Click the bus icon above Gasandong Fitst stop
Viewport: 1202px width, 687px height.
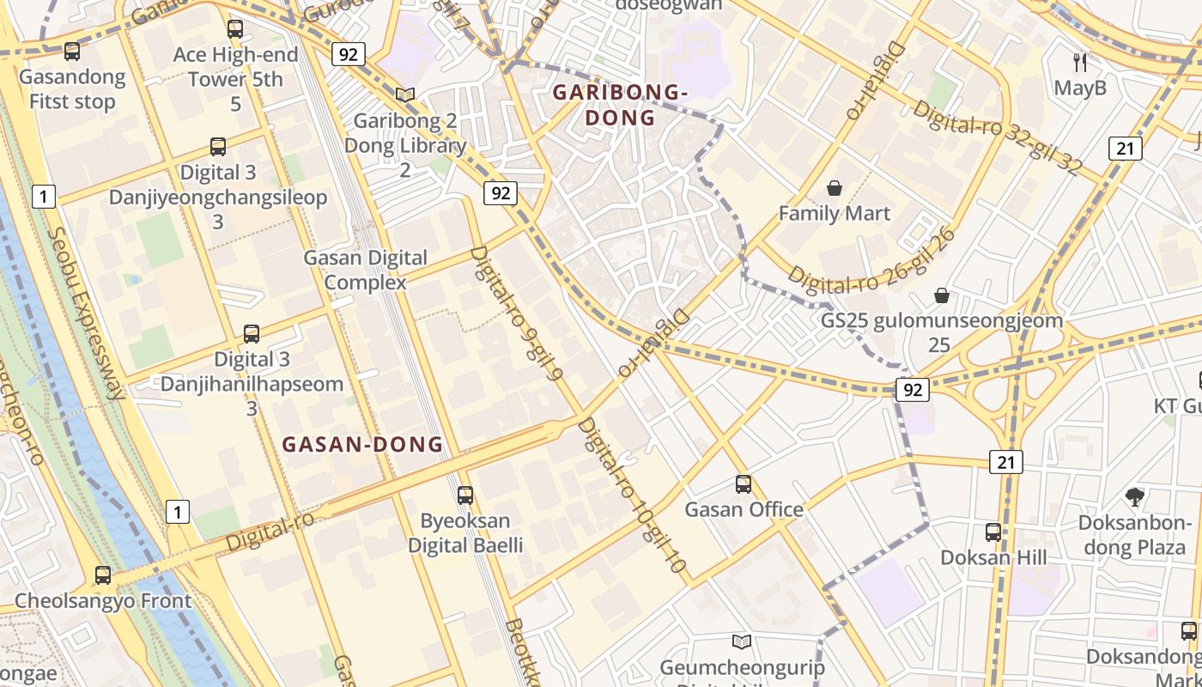tap(72, 52)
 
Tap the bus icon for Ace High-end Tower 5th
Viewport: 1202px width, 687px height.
tap(234, 29)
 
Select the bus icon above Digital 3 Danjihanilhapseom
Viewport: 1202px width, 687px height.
tap(252, 334)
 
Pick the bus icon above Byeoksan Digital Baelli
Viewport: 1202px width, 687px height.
tap(465, 495)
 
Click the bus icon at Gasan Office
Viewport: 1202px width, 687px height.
tap(744, 484)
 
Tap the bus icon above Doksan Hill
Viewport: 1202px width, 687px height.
tap(993, 532)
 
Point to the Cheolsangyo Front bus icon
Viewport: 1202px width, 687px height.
tap(103, 575)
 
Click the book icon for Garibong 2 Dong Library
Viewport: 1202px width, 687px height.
tap(405, 95)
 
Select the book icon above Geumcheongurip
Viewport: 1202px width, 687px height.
tap(742, 641)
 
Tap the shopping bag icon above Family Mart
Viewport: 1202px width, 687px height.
tap(835, 188)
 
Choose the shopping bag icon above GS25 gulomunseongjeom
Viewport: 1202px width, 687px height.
tap(942, 296)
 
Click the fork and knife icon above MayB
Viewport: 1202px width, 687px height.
tap(1080, 62)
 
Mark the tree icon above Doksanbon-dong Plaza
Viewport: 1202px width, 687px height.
tap(1135, 496)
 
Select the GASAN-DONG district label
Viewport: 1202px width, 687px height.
tap(362, 445)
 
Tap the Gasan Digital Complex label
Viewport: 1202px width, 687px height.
tap(366, 270)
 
